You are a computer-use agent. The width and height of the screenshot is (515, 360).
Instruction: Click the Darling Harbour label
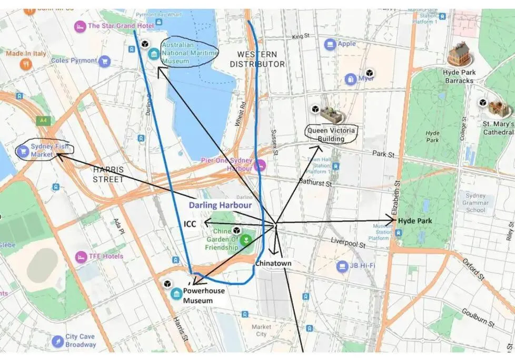pos(220,205)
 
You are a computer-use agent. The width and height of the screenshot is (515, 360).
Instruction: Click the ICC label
pos(190,224)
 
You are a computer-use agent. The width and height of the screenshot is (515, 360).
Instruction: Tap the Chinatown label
pos(273,263)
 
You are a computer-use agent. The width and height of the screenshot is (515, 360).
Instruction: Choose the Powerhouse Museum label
pos(204,296)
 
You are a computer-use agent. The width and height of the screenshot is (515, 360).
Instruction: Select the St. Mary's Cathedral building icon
pos(498,109)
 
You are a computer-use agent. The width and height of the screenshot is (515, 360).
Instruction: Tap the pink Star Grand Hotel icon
pos(80,26)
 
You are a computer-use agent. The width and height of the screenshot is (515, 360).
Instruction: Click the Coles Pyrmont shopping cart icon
pos(104,61)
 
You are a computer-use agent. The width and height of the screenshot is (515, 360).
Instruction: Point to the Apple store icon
pos(330,44)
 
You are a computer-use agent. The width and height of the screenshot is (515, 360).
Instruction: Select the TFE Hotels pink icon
pos(81,257)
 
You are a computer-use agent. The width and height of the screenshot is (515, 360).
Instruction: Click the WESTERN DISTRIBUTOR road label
pos(257,59)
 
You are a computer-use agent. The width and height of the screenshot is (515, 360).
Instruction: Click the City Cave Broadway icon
pos(58,341)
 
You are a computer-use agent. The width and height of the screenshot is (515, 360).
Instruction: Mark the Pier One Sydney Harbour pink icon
pos(259,165)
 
